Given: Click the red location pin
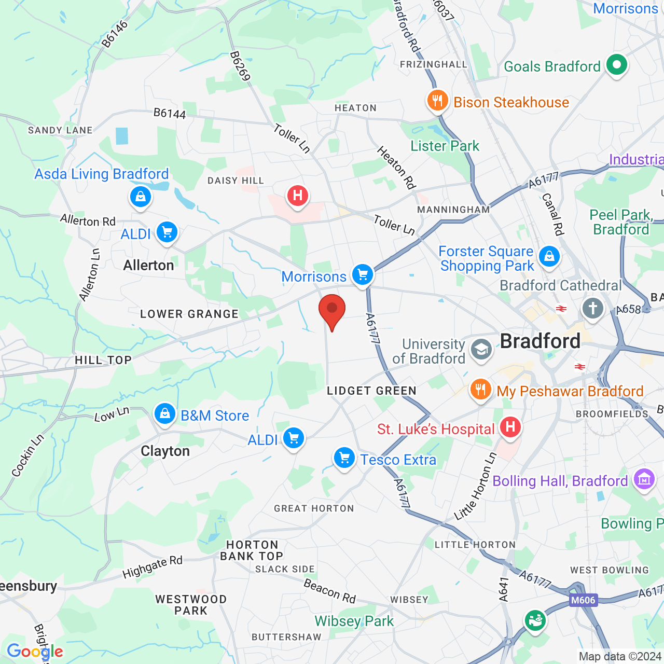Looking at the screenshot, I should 332,310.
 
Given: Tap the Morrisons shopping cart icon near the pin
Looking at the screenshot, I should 363,274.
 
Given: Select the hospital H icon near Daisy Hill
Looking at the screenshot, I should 298,196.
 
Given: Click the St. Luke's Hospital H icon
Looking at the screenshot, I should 510,427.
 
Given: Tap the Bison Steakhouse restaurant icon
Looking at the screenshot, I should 437,100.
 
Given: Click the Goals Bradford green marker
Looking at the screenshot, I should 617,65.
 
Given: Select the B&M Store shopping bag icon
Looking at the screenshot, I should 165,414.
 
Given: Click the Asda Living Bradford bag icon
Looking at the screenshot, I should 141,197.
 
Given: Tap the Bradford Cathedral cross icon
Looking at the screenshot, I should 593,308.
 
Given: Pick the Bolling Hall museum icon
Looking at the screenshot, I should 644,480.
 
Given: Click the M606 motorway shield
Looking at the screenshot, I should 583,600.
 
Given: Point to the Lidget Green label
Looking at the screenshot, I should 371,391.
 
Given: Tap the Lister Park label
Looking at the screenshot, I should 445,146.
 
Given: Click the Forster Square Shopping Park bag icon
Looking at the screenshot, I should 549,256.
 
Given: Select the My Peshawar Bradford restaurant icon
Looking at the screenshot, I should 480,389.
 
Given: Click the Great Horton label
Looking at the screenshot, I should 314,508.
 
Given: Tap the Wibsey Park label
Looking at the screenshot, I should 354,621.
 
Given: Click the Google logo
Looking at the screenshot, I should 35,652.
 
